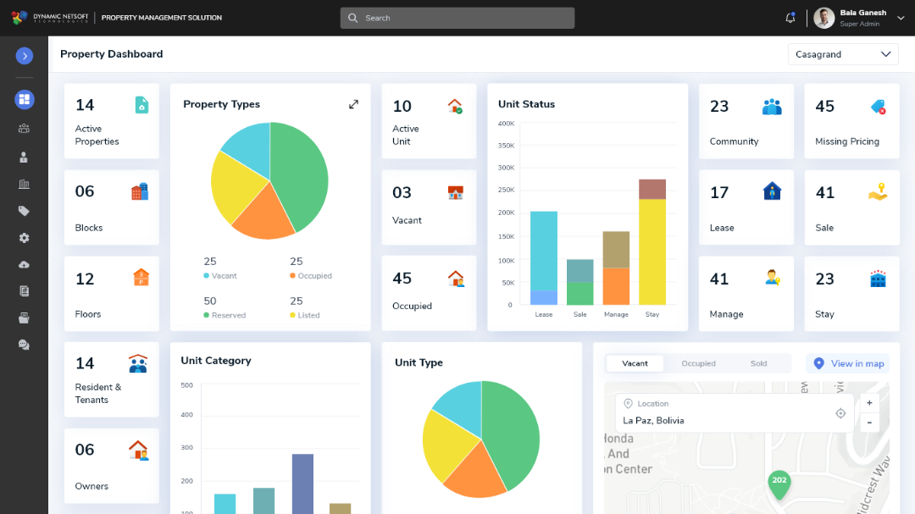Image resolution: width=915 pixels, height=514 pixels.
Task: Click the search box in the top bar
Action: (x=457, y=18)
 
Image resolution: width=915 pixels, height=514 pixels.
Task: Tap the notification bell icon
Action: (x=790, y=18)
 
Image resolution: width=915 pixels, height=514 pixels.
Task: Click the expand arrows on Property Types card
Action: (x=353, y=104)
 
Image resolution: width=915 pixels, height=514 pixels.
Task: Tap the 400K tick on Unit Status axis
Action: (x=506, y=124)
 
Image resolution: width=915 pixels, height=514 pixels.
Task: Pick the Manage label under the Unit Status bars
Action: (x=616, y=314)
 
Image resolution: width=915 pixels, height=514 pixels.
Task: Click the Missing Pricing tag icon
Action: (x=878, y=107)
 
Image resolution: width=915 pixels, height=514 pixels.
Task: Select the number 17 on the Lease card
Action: (x=719, y=193)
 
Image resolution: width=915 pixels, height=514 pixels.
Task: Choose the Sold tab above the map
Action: (x=758, y=363)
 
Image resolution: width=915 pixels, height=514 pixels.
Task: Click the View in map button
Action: (x=848, y=363)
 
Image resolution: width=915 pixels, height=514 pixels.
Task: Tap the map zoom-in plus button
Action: (x=869, y=403)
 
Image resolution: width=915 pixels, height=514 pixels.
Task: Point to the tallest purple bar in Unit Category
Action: (x=302, y=483)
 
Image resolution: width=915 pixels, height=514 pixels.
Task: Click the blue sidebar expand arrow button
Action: (x=25, y=56)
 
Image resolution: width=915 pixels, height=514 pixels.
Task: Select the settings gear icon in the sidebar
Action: (x=25, y=238)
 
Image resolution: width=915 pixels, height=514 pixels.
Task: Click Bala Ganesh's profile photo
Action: (x=824, y=18)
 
